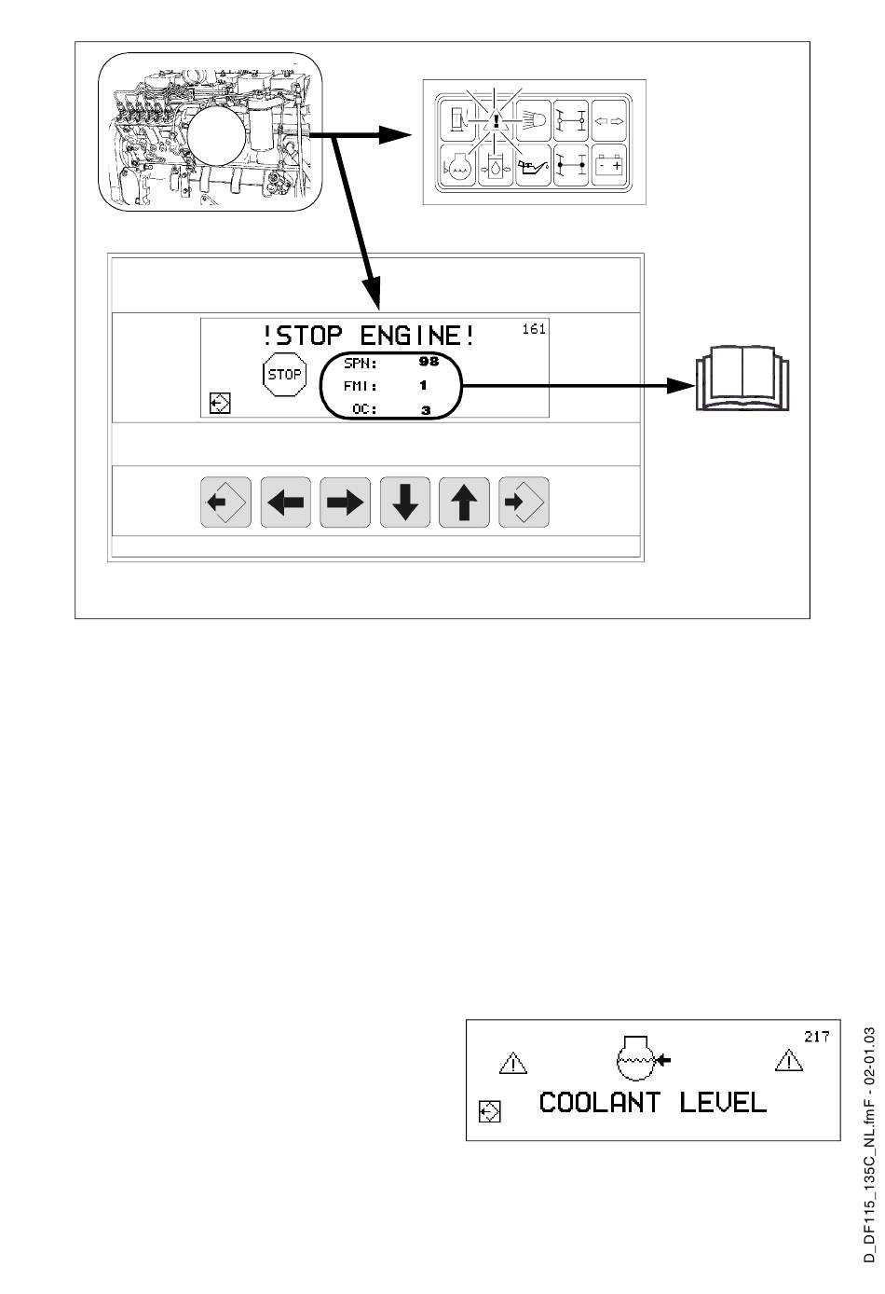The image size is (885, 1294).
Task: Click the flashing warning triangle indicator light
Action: tap(497, 120)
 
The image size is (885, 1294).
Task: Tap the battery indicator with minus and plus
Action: tap(609, 165)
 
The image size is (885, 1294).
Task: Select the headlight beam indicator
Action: tap(534, 120)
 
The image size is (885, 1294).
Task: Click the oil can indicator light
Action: tap(534, 165)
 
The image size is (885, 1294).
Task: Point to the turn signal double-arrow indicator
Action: tap(609, 120)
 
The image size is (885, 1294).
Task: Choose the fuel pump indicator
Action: tap(459, 120)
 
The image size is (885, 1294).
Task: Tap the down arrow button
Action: tap(404, 502)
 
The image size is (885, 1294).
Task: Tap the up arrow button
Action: tap(464, 502)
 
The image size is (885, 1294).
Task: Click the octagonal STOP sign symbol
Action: tap(284, 375)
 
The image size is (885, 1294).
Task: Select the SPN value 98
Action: tap(429, 362)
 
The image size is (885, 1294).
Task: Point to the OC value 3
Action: tap(426, 409)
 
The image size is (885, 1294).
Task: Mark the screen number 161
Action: tap(534, 329)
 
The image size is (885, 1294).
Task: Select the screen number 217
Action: tap(816, 1036)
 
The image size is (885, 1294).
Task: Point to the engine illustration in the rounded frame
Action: tap(211, 134)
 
